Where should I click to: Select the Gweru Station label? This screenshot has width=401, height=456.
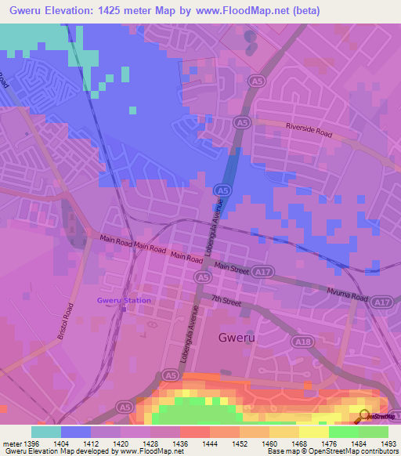pos(124,300)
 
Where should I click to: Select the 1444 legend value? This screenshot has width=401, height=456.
pos(210,443)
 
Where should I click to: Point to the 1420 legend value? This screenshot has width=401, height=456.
pos(121,443)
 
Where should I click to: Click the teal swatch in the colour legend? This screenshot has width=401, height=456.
pos(46,432)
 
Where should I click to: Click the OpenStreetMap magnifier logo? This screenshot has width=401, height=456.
pos(363,415)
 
